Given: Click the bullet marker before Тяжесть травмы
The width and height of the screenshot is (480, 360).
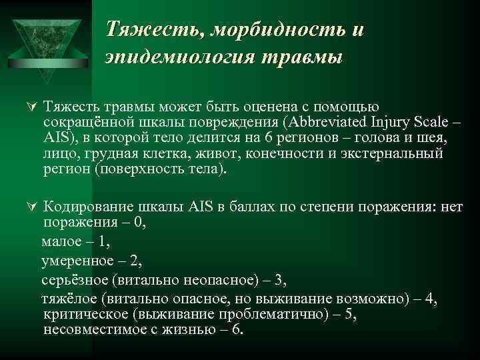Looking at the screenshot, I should click(x=27, y=107).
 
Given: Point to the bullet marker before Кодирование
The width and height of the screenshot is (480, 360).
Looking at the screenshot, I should click(x=27, y=207).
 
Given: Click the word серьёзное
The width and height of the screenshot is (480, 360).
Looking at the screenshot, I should click(x=73, y=281).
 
